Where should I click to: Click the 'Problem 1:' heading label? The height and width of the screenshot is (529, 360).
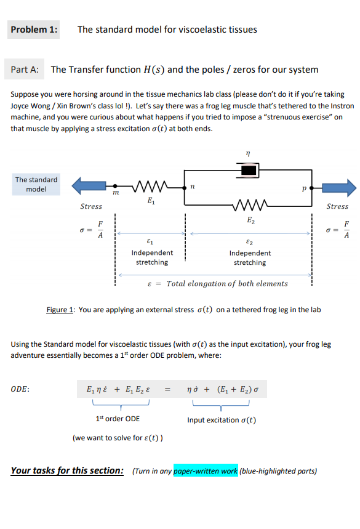[x=34, y=30]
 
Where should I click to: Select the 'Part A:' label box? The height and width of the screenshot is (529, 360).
[x=25, y=70]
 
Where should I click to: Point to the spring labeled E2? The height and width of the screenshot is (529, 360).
[x=249, y=206]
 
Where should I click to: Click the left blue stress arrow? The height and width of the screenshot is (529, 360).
[x=89, y=185]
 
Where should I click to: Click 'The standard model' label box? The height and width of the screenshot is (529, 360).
[x=36, y=184]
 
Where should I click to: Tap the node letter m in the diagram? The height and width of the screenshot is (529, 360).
[x=115, y=195]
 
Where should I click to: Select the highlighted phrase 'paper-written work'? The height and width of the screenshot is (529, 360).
[x=206, y=472]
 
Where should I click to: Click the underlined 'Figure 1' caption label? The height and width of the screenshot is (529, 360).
[x=60, y=310]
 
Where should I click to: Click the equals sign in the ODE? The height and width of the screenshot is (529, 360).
[x=167, y=389]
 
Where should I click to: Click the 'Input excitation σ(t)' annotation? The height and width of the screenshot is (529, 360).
[x=222, y=420]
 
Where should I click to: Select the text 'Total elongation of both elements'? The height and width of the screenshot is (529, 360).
[x=227, y=284]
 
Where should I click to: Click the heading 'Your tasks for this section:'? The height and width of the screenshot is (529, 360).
[x=68, y=471]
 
